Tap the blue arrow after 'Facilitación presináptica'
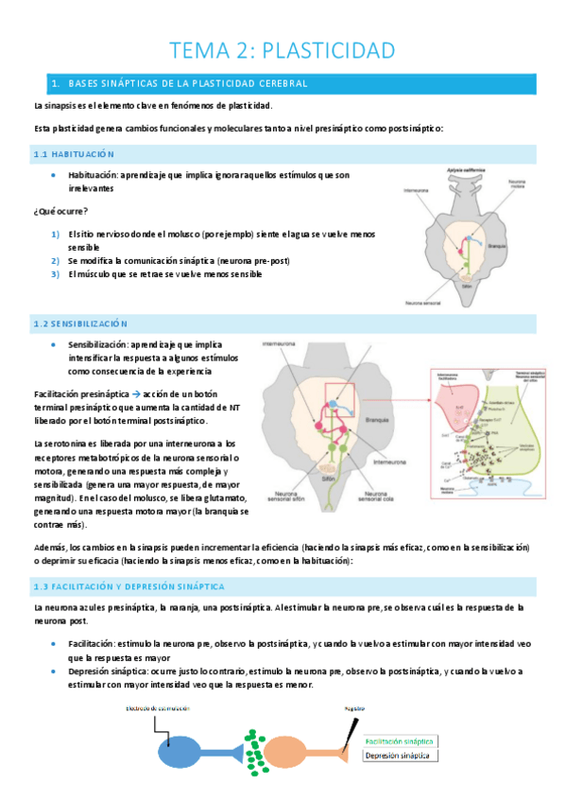click(135, 392)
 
